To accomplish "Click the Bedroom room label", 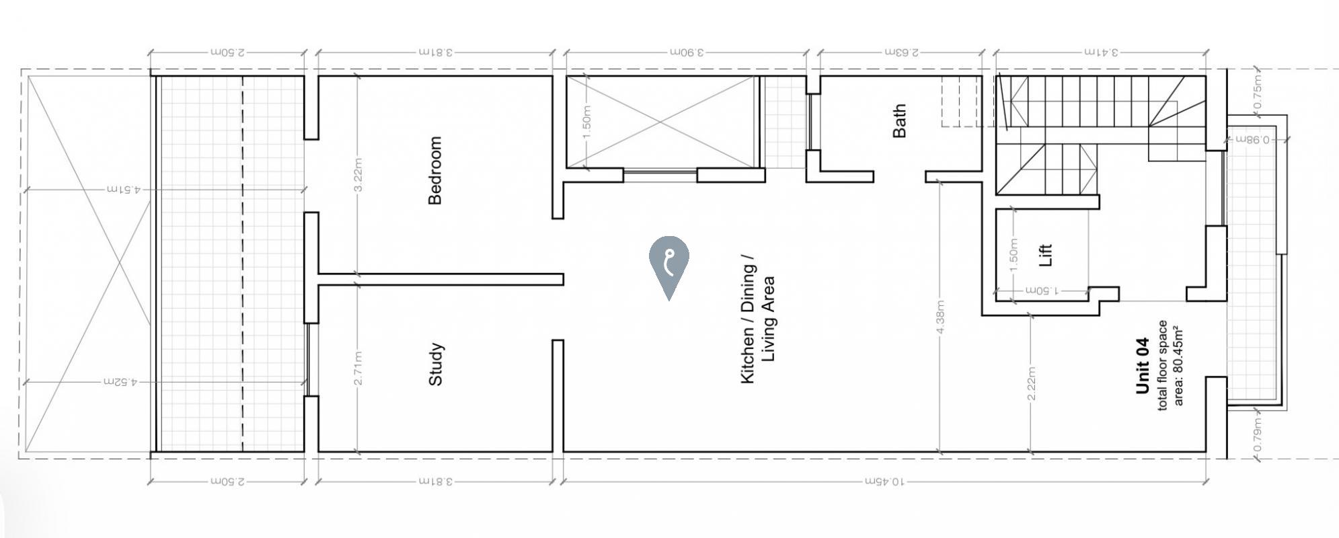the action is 435,170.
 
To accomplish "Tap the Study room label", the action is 435,364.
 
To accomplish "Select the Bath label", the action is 899,121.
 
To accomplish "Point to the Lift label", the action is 1045,255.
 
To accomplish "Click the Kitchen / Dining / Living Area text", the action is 757,319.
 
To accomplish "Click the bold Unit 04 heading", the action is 1142,365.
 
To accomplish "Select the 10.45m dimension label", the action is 885,482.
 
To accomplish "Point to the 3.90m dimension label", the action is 686,52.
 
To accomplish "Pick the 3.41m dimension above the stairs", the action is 1101,52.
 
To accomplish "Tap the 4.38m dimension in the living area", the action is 940,317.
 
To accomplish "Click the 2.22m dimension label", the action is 1032,383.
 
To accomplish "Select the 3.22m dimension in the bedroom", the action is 358,175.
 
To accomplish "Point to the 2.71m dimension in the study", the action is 358,369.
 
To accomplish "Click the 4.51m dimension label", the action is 123,190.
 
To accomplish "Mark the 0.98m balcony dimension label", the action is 1248,140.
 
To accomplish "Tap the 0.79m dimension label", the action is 1258,435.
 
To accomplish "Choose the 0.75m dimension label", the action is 1258,92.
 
